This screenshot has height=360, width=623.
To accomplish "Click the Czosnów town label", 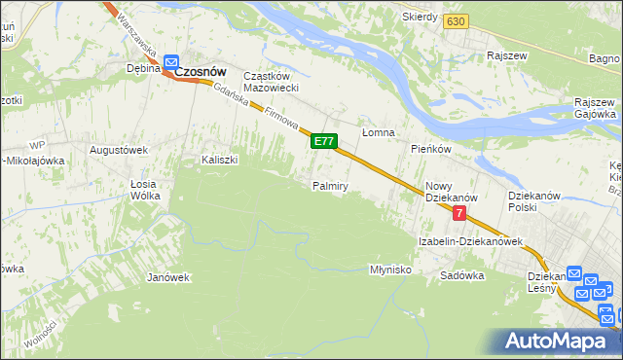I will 200,70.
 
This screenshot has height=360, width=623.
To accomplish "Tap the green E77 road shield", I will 324,142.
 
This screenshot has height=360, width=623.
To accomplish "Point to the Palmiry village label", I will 330,186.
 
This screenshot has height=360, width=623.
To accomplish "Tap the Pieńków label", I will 430,149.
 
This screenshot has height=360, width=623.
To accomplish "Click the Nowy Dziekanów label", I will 447,191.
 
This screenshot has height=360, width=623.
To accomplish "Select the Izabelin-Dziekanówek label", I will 471,240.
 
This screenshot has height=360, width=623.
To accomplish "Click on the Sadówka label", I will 461,275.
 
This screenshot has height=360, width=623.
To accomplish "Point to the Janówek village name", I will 167,277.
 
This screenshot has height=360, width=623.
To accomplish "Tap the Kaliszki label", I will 220,160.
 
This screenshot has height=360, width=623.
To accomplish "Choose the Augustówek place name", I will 118,150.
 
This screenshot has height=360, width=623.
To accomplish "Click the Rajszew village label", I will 508,55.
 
